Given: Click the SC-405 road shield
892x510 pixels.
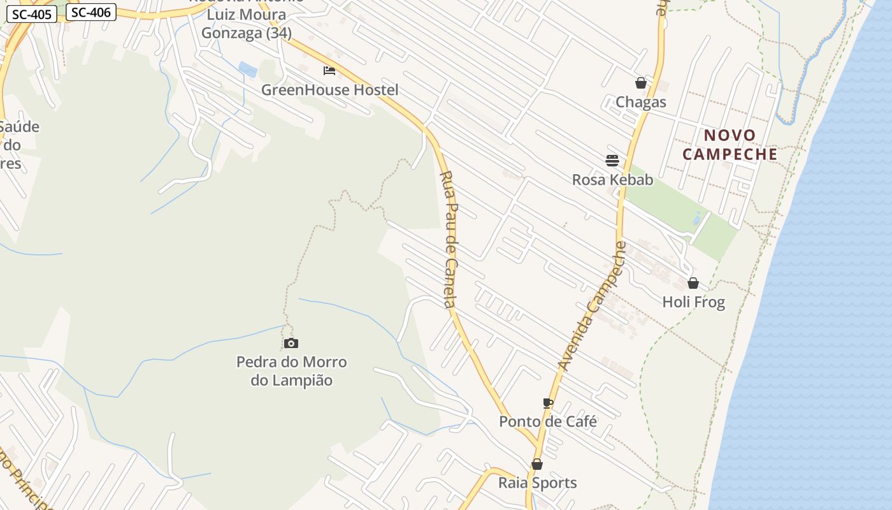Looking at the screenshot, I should [32, 14].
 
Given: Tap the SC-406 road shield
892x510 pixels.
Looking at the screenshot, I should [91, 11].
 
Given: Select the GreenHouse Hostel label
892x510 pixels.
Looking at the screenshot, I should [329, 90].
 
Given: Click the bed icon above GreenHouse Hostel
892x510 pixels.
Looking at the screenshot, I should [329, 70].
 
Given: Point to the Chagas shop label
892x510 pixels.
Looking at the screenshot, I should [640, 102].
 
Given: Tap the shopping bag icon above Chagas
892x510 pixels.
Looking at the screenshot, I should [640, 83].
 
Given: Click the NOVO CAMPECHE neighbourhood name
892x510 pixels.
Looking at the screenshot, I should [730, 145].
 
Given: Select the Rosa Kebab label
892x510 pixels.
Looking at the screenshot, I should [612, 180].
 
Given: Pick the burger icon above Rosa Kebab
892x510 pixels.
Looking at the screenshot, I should [612, 160].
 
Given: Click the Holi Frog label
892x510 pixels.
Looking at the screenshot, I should [693, 302].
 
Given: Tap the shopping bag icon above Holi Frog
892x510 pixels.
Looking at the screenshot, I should [693, 283].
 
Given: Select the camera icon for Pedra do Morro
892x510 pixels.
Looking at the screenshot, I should [291, 344].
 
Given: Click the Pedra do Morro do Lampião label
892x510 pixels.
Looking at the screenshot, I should [291, 371].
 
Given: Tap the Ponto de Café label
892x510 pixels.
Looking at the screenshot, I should [548, 421].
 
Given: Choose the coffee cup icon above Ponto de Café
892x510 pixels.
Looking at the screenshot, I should [548, 402].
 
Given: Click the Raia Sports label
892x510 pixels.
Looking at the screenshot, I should [537, 483].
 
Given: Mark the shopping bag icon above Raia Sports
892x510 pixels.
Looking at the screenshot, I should [537, 464].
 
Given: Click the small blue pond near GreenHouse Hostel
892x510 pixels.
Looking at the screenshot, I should [247, 69].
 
